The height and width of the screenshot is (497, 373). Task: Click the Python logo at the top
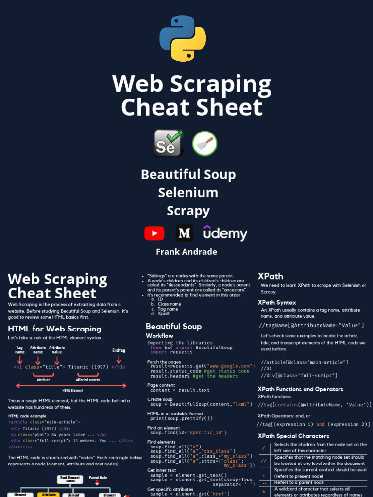click(x=183, y=38)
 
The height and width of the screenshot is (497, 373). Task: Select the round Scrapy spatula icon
click(x=204, y=143)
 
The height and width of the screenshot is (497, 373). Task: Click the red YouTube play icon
click(x=154, y=233)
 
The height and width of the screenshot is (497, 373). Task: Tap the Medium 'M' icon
click(x=184, y=233)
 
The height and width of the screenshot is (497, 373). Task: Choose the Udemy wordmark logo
click(x=225, y=233)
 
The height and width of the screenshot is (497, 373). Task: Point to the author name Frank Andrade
click(x=186, y=252)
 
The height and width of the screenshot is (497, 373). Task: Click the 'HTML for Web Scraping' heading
click(x=54, y=329)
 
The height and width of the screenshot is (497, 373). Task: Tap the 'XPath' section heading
click(x=271, y=276)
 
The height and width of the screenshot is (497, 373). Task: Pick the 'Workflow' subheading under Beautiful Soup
click(x=159, y=336)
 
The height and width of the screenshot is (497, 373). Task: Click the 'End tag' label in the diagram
click(x=119, y=350)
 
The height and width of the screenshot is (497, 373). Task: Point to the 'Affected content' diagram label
click(x=88, y=380)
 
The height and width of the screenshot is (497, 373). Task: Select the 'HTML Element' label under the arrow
click(x=72, y=390)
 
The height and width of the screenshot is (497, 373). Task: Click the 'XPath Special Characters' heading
click(x=293, y=436)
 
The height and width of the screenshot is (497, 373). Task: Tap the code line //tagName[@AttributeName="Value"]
click(x=311, y=325)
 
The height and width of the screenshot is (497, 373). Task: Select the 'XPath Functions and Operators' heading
click(x=300, y=389)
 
